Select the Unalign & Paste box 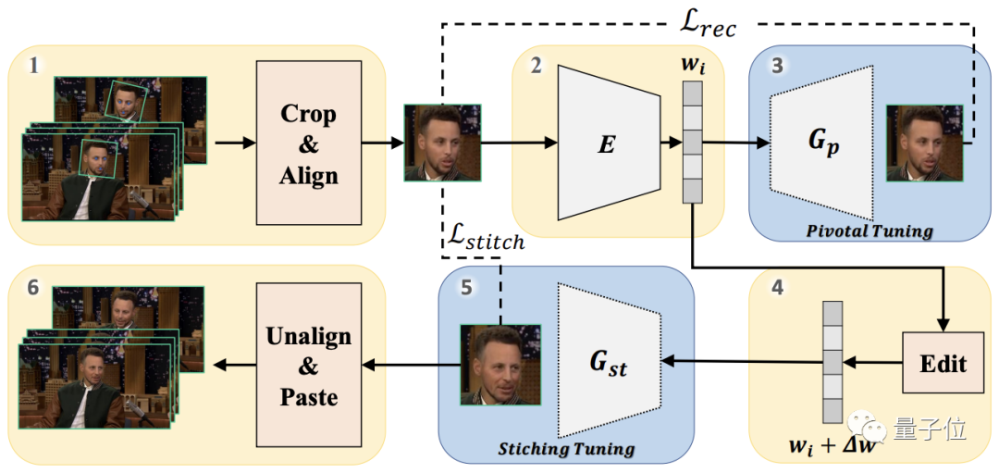[x=308, y=366]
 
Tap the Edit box [x=943, y=362]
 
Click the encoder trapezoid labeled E [x=608, y=143]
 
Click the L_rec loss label [x=706, y=25]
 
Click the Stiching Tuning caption [x=567, y=450]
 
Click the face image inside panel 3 [x=924, y=143]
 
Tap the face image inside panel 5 [x=500, y=364]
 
